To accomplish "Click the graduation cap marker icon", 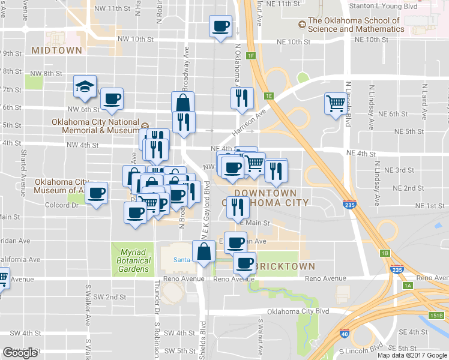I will (85, 86).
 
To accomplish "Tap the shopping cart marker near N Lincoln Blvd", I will (336, 103).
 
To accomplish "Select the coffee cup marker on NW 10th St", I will (220, 26).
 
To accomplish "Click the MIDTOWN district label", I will (56, 50).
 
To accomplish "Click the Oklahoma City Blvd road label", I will (298, 311).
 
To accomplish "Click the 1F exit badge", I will (251, 56).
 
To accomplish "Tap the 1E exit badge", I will (269, 95).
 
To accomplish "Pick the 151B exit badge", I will (436, 316).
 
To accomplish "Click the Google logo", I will (20, 353).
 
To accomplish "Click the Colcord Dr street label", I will (62, 205).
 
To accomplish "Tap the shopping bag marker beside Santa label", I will (204, 252).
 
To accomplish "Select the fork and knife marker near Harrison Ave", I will (242, 98).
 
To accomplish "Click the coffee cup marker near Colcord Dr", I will (96, 193).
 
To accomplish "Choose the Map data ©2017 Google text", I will (412, 355).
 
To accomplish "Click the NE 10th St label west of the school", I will (294, 42).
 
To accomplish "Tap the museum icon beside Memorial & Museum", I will (145, 126).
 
